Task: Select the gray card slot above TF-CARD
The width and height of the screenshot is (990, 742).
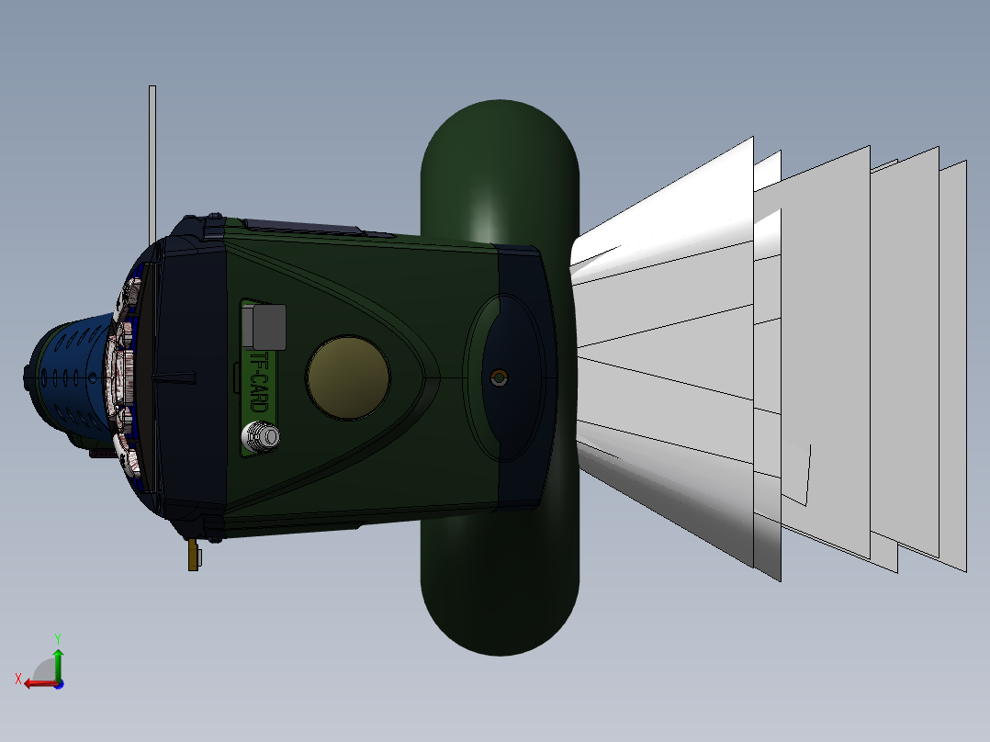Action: (x=266, y=327)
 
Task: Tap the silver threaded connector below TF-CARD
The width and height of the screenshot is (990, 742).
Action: (x=260, y=435)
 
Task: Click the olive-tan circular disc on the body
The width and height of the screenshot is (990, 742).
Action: (x=349, y=377)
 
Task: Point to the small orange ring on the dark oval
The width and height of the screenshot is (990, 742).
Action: (x=499, y=377)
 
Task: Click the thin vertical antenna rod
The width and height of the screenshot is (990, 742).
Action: (x=152, y=156)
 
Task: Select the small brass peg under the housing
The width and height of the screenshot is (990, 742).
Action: (x=193, y=555)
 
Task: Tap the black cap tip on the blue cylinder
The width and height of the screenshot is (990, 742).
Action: (x=28, y=377)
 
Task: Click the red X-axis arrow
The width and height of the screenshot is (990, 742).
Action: (x=39, y=682)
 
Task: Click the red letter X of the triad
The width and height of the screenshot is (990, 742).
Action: (x=18, y=679)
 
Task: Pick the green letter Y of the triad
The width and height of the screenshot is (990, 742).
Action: (x=57, y=636)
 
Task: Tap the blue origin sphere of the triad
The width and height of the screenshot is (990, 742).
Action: (x=59, y=683)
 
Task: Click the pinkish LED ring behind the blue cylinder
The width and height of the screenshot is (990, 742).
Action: (x=122, y=377)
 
